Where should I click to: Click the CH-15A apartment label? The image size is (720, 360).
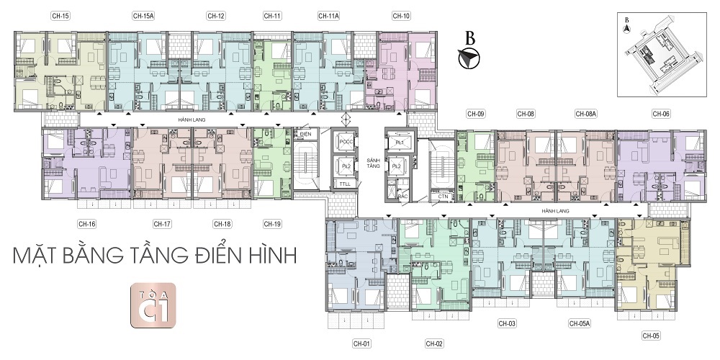[x=144, y=15]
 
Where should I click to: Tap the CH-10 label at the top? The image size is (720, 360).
[x=401, y=15]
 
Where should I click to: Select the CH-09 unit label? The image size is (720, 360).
[x=476, y=113]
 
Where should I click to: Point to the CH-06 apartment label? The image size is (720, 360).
[x=661, y=113]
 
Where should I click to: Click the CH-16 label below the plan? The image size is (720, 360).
[x=87, y=224]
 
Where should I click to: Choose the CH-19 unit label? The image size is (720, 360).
[x=272, y=224]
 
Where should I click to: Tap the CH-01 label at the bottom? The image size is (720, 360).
[x=361, y=343]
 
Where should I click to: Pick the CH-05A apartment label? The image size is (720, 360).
[x=579, y=324]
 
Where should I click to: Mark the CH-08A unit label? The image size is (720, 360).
[x=585, y=113]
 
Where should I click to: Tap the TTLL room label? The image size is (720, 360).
[x=346, y=185]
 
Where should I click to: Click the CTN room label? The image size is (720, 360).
[x=444, y=196]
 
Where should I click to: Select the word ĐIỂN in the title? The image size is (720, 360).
[x=220, y=257]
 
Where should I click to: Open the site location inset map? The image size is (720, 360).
[x=662, y=54]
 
